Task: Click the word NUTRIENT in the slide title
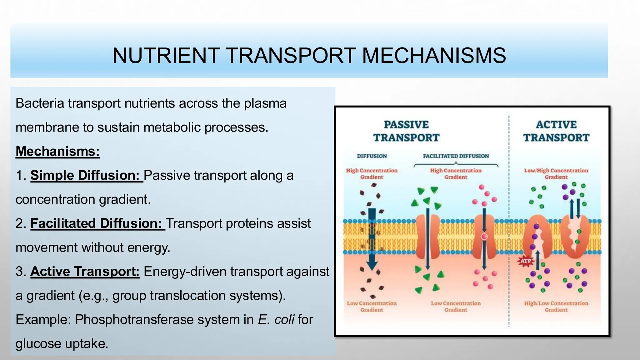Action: pyautogui.click(x=166, y=56)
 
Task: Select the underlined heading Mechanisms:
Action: pyautogui.click(x=57, y=151)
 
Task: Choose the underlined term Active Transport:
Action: pyautogui.click(x=85, y=271)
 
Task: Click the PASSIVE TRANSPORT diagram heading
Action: pyautogui.click(x=406, y=131)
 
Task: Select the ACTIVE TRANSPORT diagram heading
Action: pyautogui.click(x=556, y=131)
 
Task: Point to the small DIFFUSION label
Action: pyautogui.click(x=372, y=156)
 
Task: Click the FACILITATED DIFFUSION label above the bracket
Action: pyautogui.click(x=456, y=156)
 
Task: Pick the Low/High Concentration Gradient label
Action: pyautogui.click(x=556, y=174)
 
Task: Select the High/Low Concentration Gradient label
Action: pyautogui.click(x=556, y=306)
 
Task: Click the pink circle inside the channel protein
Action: pyautogui.click(x=484, y=237)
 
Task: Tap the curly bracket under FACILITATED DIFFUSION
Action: pyautogui.click(x=456, y=165)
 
